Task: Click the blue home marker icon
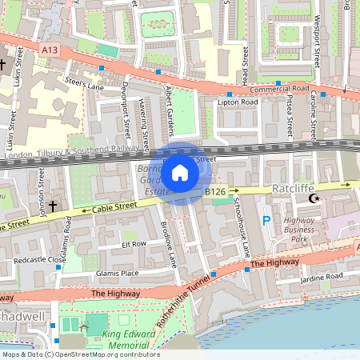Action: pyautogui.click(x=180, y=172)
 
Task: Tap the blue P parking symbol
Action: pyautogui.click(x=266, y=219)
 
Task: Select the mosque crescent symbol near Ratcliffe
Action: pyautogui.click(x=313, y=198)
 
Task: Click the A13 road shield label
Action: pyautogui.click(x=49, y=50)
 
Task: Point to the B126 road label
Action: pyautogui.click(x=214, y=192)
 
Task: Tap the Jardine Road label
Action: pyautogui.click(x=322, y=278)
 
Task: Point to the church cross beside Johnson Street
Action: pyautogui.click(x=53, y=206)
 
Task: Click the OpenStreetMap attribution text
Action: pyautogui.click(x=80, y=354)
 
